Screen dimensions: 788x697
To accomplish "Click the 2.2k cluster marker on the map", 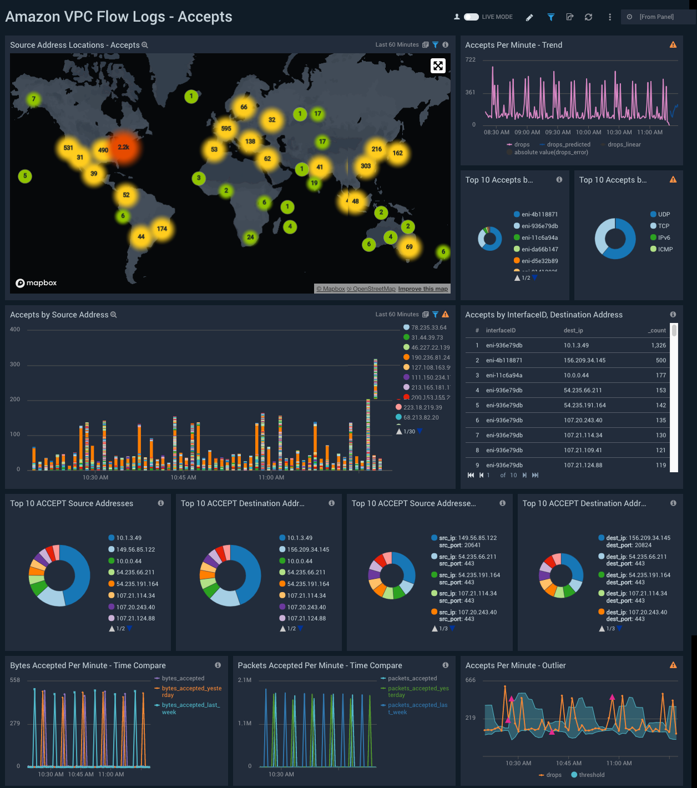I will [123, 147].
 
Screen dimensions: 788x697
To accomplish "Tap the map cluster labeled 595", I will [226, 129].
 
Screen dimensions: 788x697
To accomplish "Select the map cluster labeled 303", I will [366, 166].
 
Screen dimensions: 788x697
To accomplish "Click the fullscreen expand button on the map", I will [438, 65].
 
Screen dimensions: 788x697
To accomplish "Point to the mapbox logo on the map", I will [36, 283].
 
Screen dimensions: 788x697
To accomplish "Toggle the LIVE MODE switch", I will [471, 17].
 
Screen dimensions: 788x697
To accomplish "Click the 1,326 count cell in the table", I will [658, 345].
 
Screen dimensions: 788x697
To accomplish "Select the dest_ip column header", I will [573, 330].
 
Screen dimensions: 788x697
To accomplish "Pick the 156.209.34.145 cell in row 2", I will [584, 360].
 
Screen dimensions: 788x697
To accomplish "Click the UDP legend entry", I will [664, 214].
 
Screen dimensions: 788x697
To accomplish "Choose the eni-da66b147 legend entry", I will [539, 249].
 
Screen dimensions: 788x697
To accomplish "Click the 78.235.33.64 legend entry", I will [428, 327].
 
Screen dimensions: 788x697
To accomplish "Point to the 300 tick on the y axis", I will [15, 365].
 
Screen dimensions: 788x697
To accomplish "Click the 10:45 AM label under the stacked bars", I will [183, 477].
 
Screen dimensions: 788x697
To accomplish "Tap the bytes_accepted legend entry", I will [183, 678].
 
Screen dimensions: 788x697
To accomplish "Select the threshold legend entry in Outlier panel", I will [591, 775].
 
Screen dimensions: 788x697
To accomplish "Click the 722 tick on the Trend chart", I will [471, 59].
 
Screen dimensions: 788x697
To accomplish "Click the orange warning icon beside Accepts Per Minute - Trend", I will [673, 45].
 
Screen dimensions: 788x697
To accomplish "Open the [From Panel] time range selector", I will [656, 17].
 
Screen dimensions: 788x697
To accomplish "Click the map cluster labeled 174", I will [161, 229].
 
